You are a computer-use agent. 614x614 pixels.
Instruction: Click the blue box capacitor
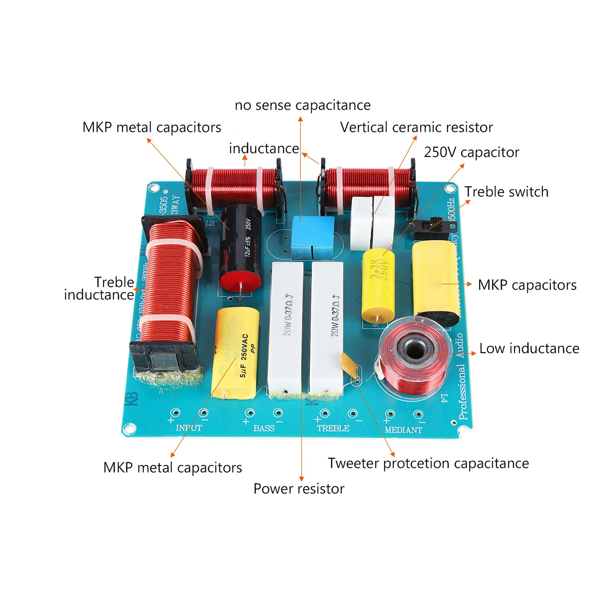(x=312, y=237)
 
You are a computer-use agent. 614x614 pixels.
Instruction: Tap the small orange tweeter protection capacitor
(x=350, y=365)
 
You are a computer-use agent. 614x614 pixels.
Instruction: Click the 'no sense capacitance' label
(x=303, y=105)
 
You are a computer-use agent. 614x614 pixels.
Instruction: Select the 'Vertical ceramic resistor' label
(x=416, y=127)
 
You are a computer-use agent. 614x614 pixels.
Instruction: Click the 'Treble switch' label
(x=507, y=192)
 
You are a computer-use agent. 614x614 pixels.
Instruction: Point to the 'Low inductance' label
(x=529, y=348)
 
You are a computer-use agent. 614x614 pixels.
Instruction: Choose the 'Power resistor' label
(x=299, y=489)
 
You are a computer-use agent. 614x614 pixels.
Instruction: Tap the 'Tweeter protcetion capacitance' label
(x=428, y=464)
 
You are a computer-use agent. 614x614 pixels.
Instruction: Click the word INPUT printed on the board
(x=189, y=427)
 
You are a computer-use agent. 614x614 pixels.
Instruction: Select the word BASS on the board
(x=264, y=428)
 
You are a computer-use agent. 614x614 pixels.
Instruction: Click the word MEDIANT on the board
(x=403, y=430)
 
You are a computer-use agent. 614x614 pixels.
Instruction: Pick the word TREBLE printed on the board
(x=333, y=428)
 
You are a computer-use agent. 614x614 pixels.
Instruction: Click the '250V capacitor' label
(x=471, y=152)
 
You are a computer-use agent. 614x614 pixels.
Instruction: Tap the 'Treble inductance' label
(x=99, y=289)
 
